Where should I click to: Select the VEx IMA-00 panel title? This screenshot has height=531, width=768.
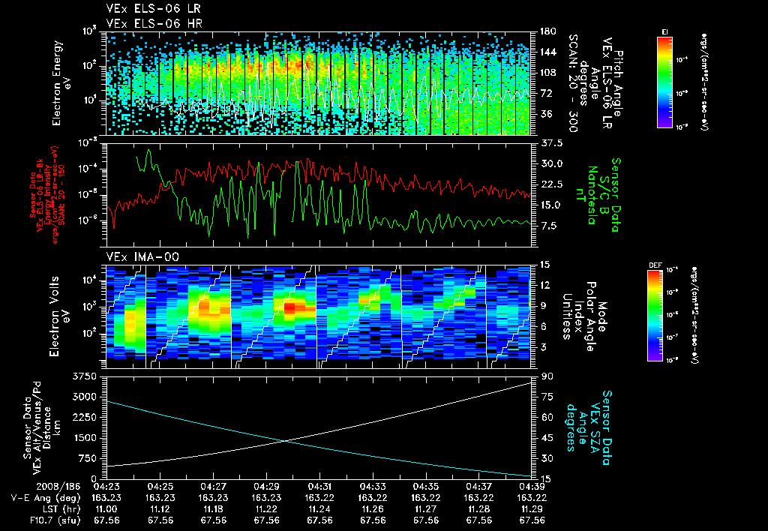click(136, 256)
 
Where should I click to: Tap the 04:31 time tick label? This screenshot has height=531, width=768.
click(320, 486)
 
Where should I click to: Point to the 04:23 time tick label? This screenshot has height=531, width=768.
click(108, 486)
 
